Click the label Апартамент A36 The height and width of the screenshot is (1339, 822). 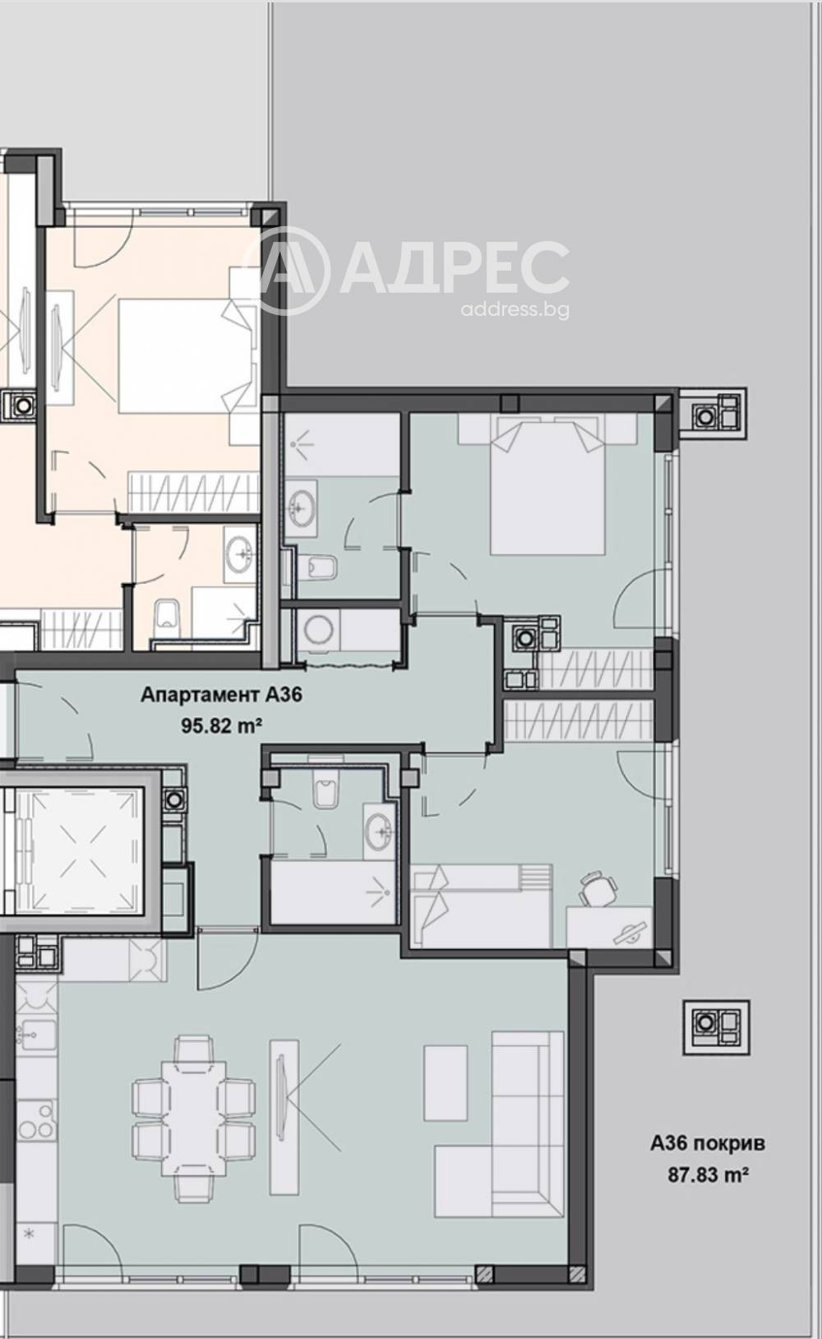221,695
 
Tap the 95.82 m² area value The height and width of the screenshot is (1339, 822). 221,725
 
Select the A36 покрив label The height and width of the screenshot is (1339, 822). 708,1143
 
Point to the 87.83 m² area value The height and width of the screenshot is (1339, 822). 708,1175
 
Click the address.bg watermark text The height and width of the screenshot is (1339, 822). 515,310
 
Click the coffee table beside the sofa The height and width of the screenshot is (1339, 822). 446,1083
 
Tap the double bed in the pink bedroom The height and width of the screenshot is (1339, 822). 185,355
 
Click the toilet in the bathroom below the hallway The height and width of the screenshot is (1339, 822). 326,791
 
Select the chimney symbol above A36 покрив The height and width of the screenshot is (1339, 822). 716,1026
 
